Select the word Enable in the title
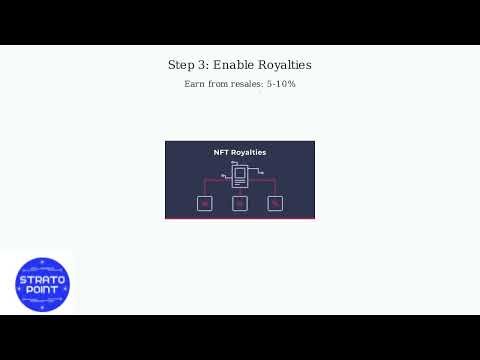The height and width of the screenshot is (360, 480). pos(233,65)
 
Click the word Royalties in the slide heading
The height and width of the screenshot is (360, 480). pos(285,65)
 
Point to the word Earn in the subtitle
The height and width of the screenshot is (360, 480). pos(194,84)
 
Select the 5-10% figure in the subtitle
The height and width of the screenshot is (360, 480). pos(280,84)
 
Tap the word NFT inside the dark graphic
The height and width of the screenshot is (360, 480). pos(222,153)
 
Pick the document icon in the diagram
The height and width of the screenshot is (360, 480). pos(239,177)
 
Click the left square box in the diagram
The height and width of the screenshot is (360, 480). pos(205,204)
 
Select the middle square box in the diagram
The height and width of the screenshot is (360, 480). pos(239,204)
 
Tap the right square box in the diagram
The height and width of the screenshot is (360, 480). pos(275,204)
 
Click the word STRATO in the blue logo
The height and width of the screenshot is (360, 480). pos(43,280)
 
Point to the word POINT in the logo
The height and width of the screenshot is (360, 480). pos(43,291)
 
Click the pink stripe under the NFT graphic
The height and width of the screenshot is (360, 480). pos(240,218)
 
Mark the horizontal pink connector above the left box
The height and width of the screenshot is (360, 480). pos(216,181)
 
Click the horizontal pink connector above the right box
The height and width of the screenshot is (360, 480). pos(263,181)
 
